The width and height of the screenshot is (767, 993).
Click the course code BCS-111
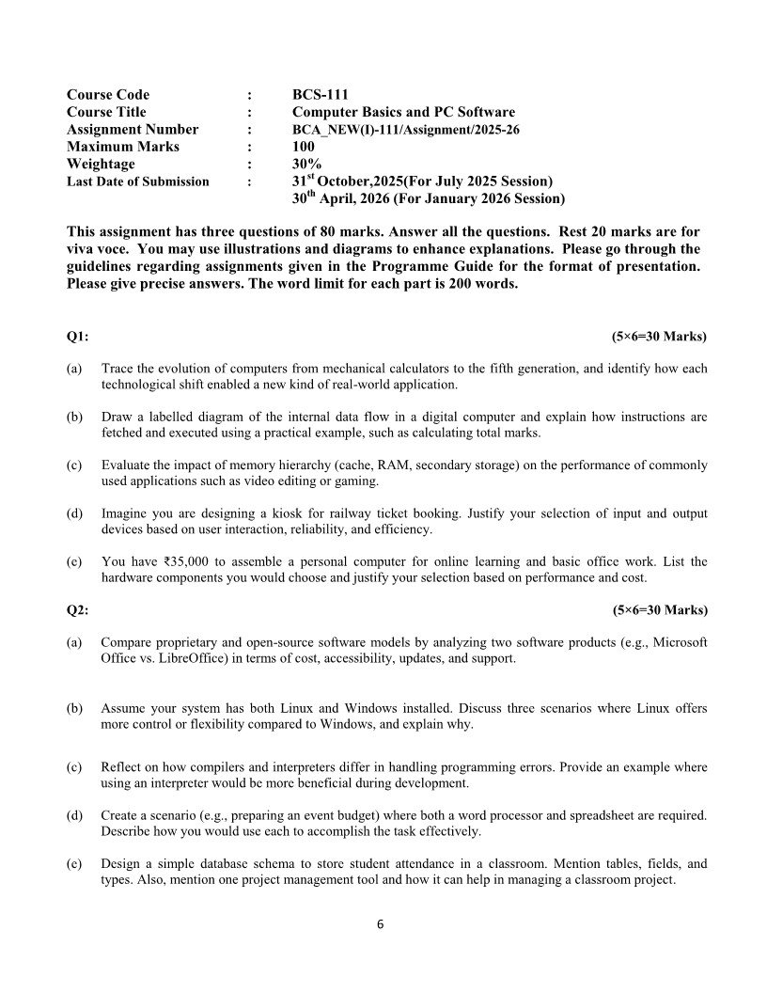point(320,94)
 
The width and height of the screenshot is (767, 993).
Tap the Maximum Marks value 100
point(304,147)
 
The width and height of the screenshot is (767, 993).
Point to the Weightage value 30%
point(306,164)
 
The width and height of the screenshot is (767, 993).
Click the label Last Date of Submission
point(138,181)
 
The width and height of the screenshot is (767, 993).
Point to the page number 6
point(381,924)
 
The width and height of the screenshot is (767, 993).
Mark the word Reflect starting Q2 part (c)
point(121,767)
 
